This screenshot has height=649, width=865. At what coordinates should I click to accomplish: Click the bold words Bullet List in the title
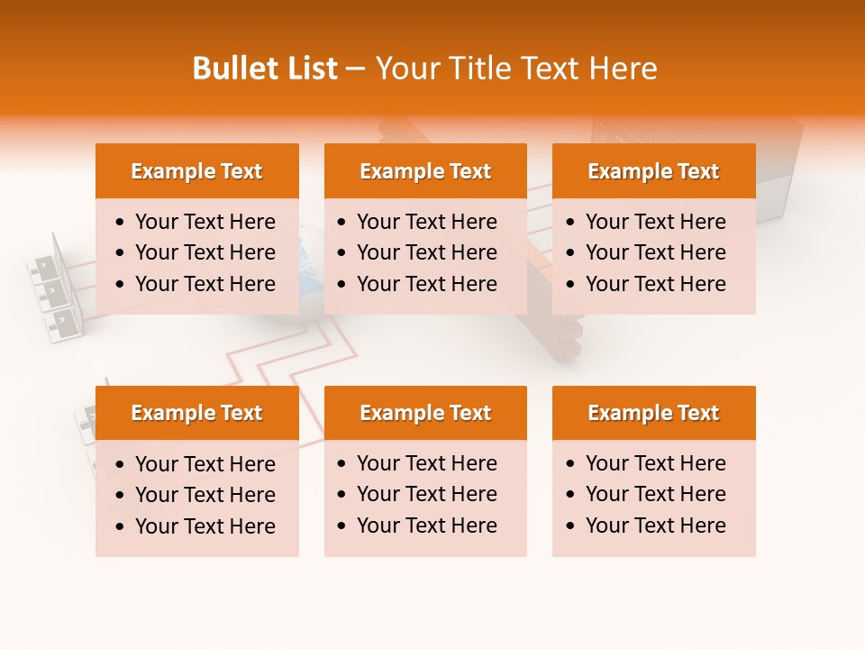265,69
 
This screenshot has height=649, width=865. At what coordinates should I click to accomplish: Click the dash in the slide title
355,69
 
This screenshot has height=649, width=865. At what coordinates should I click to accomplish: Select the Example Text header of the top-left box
196,171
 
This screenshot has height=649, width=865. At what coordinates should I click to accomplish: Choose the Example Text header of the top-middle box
425,171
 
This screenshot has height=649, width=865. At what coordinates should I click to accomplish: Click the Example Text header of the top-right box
653,171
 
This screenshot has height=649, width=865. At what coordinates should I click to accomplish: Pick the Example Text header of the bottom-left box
196,413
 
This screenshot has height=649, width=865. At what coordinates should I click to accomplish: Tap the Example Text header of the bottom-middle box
425,413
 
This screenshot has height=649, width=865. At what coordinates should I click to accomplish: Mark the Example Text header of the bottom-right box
653,413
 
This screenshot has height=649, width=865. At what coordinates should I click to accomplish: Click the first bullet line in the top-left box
205,222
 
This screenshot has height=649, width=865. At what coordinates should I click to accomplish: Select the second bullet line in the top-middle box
426,252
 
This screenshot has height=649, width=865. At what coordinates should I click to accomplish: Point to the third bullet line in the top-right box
655,284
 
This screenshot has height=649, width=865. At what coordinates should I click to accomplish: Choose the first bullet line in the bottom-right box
655,463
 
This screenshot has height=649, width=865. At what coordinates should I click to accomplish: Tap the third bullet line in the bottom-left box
205,526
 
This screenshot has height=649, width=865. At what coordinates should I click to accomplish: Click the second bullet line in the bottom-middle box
426,494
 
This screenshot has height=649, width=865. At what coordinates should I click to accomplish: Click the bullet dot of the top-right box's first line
571,223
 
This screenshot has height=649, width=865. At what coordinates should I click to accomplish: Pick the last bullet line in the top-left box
205,284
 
